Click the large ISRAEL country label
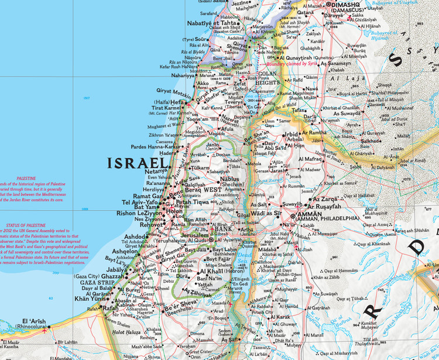140,163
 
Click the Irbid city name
290,134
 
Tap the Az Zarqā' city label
326,200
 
